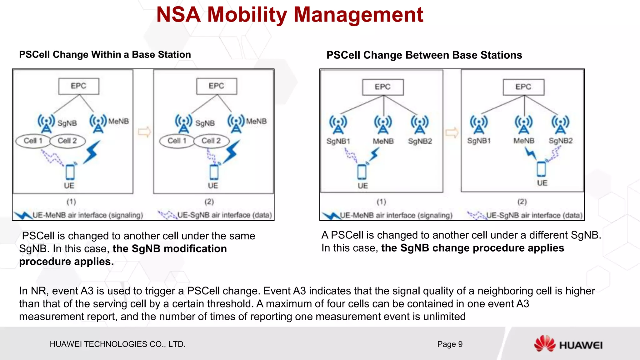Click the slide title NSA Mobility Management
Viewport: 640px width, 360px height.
click(x=290, y=15)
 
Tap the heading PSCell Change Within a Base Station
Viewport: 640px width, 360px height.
click(x=105, y=55)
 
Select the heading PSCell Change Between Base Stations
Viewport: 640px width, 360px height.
click(x=424, y=55)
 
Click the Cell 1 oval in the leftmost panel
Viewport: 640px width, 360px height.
click(x=33, y=141)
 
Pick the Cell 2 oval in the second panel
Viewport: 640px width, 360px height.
click(x=211, y=141)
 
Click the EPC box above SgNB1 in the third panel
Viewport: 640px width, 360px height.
click(x=383, y=87)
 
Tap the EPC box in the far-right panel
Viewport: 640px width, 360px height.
click(x=523, y=87)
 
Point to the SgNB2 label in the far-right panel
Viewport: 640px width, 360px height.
click(x=561, y=141)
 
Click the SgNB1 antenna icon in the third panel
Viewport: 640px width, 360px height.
click(x=338, y=124)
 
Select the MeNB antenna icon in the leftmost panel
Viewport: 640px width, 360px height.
click(x=98, y=123)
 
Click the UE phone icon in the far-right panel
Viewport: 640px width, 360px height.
click(x=542, y=169)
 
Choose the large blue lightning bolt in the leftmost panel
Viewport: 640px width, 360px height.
click(x=92, y=152)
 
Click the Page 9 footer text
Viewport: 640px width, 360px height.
click(x=450, y=344)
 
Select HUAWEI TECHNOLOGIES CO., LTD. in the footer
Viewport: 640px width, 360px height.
click(x=117, y=344)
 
